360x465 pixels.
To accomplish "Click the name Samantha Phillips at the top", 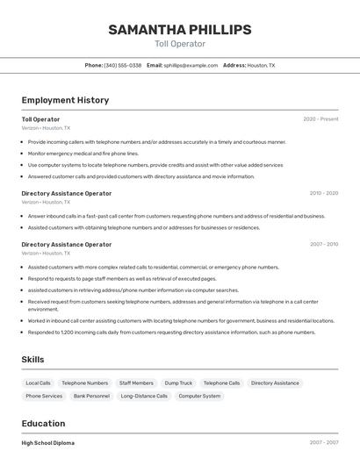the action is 179,30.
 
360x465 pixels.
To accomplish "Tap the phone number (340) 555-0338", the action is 122,65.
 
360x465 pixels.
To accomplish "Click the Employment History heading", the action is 65,100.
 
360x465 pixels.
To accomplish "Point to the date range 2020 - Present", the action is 320,119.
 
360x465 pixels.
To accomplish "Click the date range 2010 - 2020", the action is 323,193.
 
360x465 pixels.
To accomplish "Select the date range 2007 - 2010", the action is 323,245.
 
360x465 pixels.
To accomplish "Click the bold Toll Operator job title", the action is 40,119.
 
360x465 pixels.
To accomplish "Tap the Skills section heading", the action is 33,360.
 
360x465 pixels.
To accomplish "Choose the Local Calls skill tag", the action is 38,383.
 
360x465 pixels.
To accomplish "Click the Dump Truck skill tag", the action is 178,383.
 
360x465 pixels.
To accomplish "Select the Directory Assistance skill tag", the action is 275,383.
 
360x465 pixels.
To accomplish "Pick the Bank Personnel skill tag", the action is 91,396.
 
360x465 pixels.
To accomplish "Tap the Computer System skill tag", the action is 199,396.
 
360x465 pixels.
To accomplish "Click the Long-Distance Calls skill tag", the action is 144,396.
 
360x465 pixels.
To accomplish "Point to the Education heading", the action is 43,423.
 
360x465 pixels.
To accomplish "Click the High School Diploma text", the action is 48,443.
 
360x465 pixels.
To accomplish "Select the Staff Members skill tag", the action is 136,383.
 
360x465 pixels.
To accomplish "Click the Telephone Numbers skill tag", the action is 85,383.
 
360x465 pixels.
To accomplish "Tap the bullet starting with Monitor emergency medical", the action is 83,153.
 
